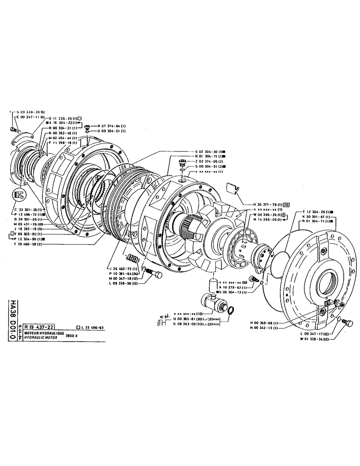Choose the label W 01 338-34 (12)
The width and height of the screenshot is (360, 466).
click(x=318, y=339)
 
